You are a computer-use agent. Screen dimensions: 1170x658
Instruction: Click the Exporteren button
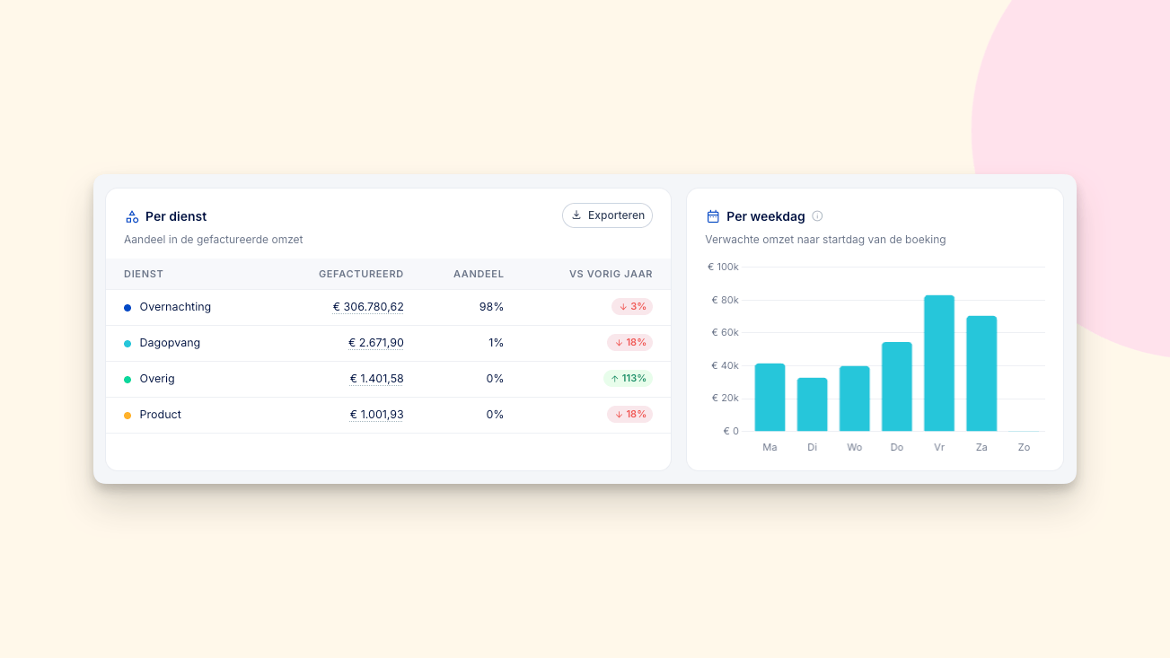(607, 215)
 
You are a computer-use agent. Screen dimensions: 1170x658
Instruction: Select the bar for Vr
(939, 363)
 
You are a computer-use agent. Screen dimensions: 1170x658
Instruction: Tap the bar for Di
(813, 404)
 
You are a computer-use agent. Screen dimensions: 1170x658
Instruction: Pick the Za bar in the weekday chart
(981, 373)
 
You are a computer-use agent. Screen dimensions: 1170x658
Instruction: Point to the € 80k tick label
(725, 300)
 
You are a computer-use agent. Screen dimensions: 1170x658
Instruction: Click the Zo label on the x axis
(1024, 447)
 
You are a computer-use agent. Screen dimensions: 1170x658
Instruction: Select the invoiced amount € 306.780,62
(368, 306)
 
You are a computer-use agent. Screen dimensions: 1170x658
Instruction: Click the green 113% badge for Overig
(628, 378)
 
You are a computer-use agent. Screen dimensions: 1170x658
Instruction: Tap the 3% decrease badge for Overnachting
(632, 306)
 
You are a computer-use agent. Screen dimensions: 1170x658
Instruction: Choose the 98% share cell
(491, 306)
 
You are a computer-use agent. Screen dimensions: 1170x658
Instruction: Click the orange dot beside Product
(128, 415)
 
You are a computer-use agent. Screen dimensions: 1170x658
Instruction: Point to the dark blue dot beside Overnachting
(128, 308)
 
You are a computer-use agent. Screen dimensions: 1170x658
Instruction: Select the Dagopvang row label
(170, 343)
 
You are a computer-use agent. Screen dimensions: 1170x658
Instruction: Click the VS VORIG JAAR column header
(611, 274)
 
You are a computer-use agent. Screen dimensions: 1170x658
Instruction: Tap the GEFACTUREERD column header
(361, 274)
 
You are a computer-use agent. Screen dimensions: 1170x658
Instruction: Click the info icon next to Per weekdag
(817, 215)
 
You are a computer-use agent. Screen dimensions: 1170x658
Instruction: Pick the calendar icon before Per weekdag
(713, 216)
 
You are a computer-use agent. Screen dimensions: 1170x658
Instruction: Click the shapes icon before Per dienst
(132, 216)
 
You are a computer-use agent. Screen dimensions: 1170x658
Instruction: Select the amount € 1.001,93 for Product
(376, 414)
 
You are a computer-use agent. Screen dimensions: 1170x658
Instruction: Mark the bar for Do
(897, 386)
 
